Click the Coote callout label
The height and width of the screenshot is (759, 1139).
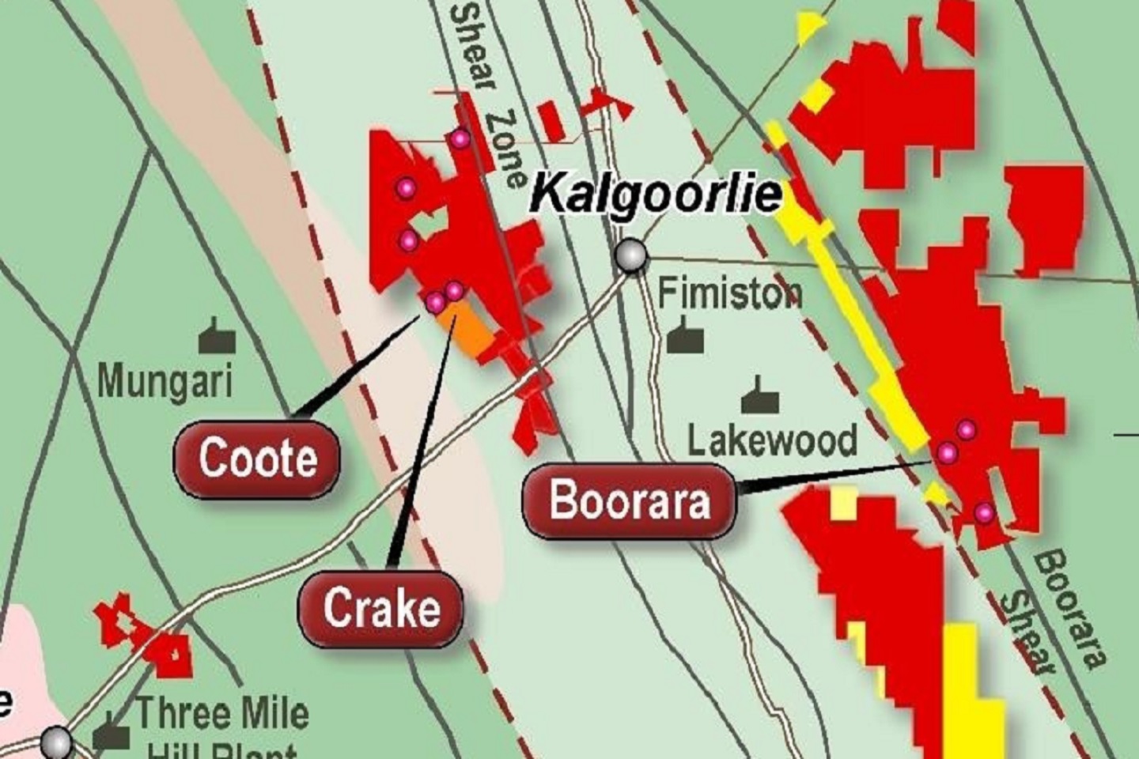tap(257, 459)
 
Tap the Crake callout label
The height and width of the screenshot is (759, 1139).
tap(380, 609)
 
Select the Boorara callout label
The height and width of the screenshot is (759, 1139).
tap(630, 501)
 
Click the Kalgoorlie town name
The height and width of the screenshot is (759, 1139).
tap(656, 194)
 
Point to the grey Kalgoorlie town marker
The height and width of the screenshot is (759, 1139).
tap(631, 255)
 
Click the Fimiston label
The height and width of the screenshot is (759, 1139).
tap(730, 293)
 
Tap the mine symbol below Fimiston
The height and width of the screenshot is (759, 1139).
tap(685, 337)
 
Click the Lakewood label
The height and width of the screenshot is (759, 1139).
tap(772, 440)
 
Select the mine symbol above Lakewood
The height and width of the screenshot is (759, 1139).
tap(760, 398)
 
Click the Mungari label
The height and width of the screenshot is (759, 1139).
tap(165, 381)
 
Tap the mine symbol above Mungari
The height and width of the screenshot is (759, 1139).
tap(216, 338)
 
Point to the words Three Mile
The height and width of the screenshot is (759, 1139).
tap(222, 714)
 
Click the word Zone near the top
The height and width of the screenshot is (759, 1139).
tap(507, 149)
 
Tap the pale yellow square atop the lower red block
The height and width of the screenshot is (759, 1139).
tap(844, 504)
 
